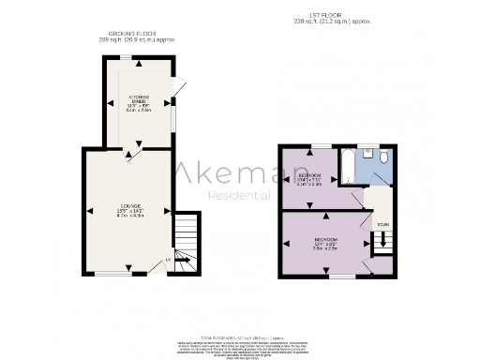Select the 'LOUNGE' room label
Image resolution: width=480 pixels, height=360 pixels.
[129, 206]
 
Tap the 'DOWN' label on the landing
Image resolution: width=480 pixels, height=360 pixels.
[382, 225]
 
